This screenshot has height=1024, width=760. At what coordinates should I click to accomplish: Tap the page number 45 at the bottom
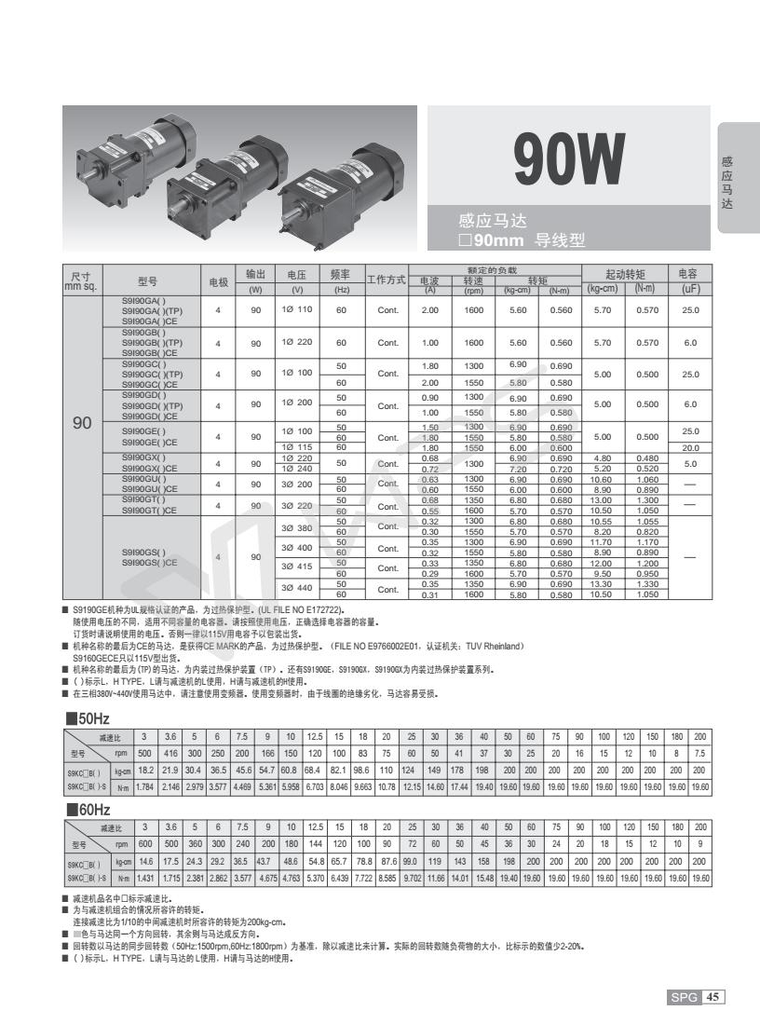point(713,997)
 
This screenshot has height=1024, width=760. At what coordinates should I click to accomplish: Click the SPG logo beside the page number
point(684,997)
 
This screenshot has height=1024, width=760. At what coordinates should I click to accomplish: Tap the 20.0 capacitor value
point(689,446)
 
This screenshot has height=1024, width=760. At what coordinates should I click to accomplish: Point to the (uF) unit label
point(689,289)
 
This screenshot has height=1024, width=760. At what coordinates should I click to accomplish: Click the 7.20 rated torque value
point(519,469)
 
